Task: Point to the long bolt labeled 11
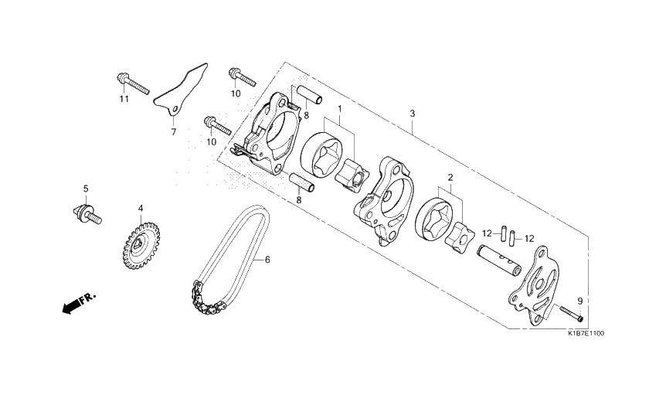click(133, 84)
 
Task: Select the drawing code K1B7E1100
click(586, 333)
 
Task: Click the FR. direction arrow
click(79, 302)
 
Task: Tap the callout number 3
click(412, 114)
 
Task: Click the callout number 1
click(340, 109)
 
